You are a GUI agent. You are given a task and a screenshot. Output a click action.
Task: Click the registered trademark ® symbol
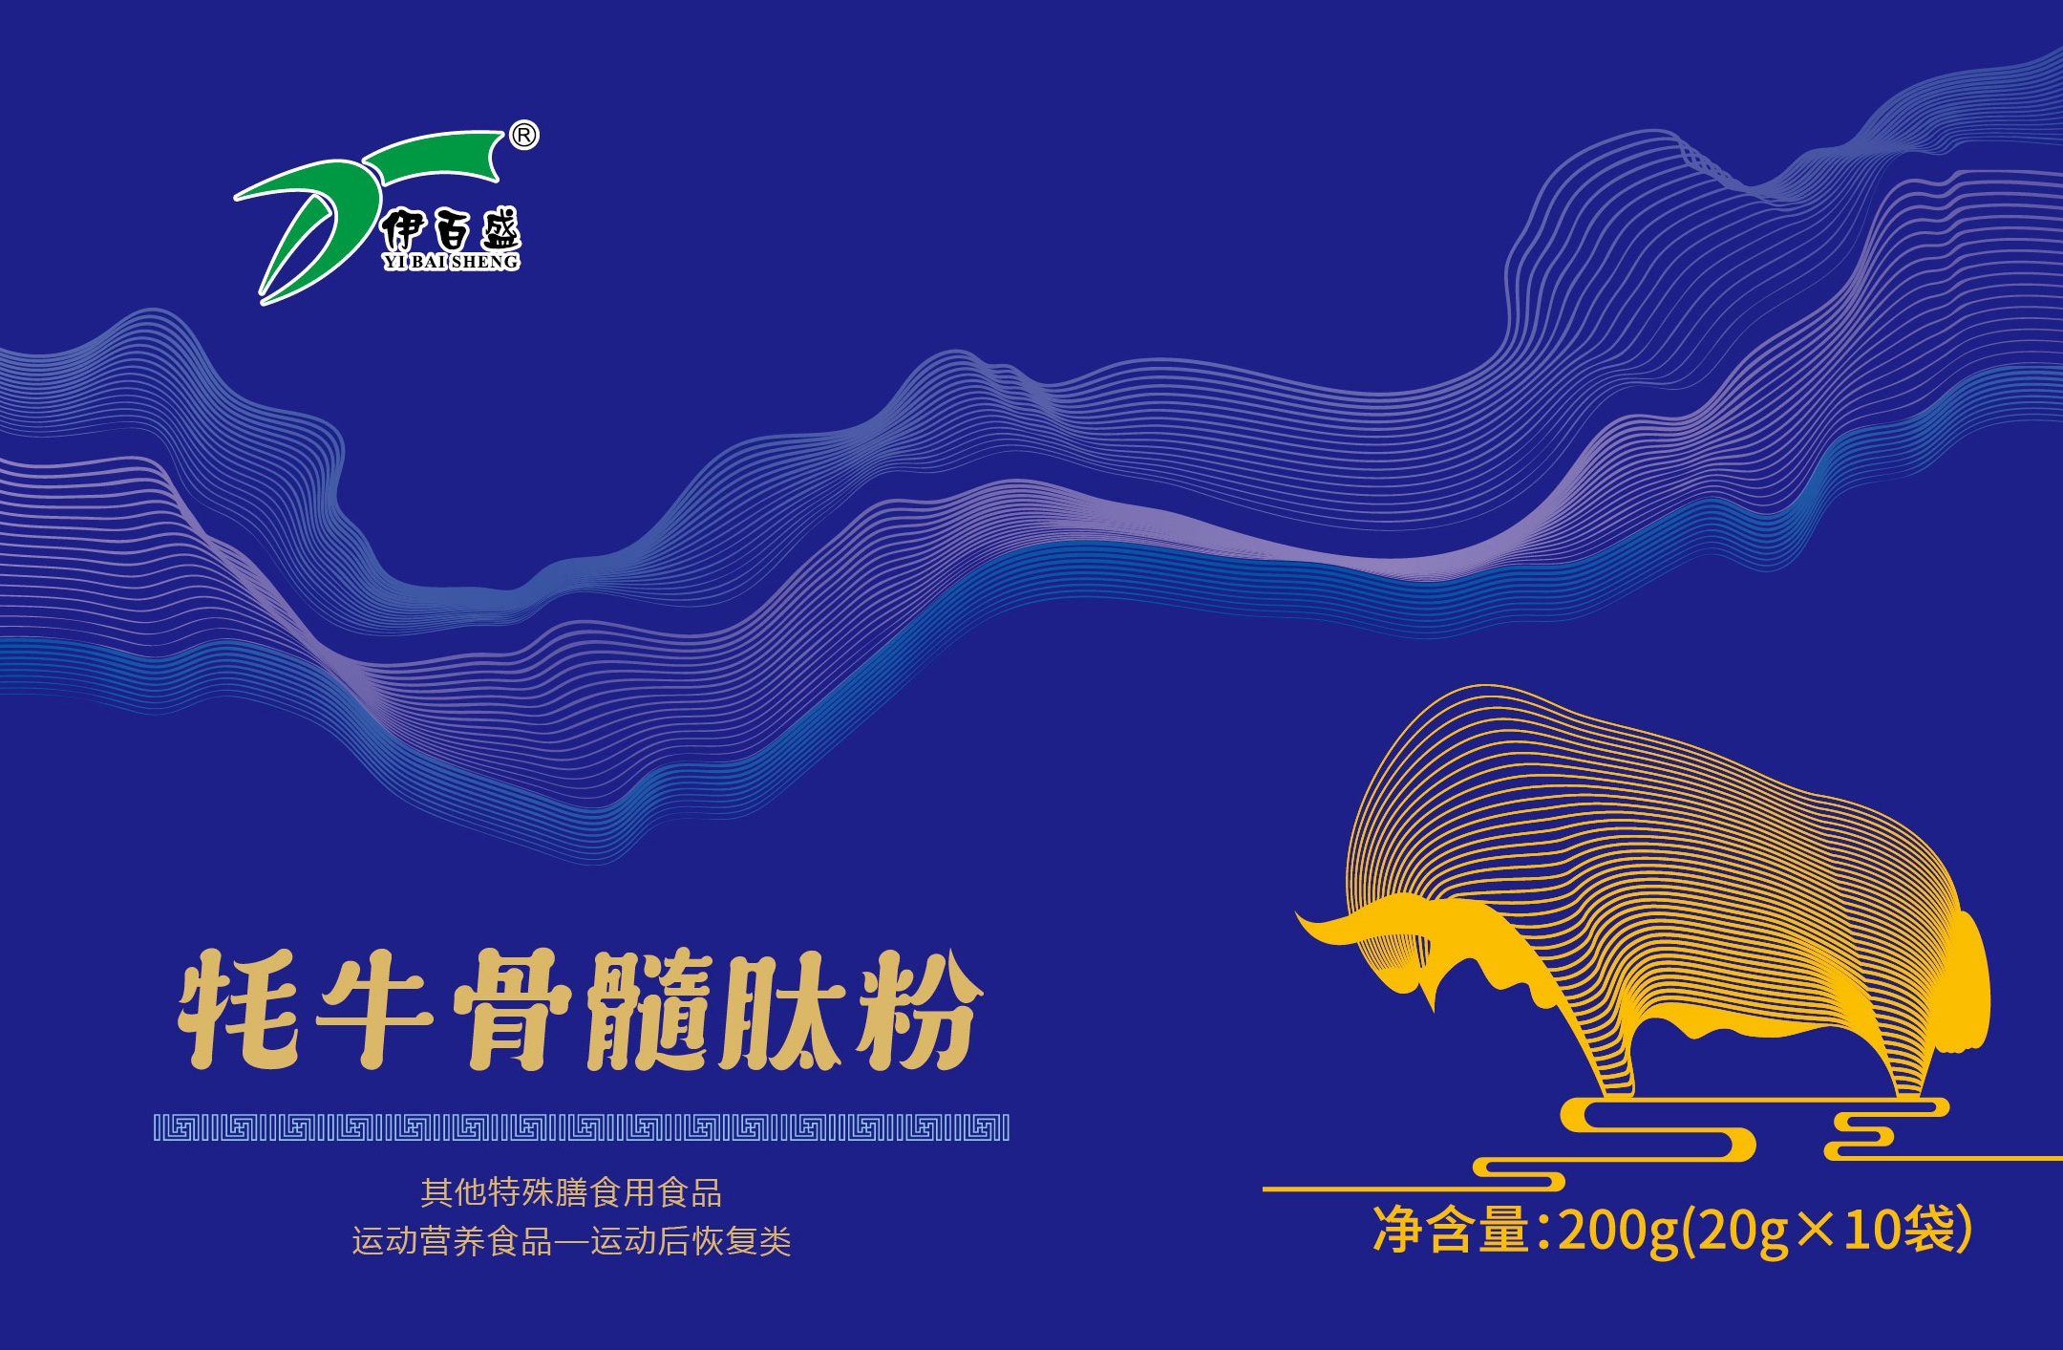click(523, 137)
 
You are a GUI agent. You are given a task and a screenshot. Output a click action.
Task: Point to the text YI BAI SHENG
click(451, 262)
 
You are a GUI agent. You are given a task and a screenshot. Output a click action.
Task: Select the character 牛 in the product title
click(374, 1009)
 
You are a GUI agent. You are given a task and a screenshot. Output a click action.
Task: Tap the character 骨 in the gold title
click(512, 1009)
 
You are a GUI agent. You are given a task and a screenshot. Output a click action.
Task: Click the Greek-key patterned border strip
click(582, 1128)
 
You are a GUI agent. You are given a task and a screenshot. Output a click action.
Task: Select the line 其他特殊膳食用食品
click(571, 1193)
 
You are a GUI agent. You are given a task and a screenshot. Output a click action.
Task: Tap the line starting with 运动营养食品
click(571, 1241)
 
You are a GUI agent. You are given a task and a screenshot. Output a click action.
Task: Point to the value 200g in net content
click(1618, 1232)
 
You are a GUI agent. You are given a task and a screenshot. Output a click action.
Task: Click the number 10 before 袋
click(1874, 1230)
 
